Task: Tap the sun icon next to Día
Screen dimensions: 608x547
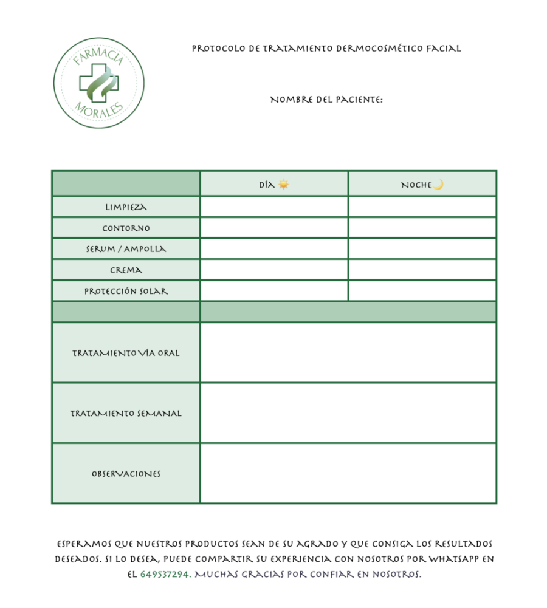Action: [x=283, y=184]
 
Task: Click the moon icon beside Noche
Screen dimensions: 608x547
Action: [x=438, y=184]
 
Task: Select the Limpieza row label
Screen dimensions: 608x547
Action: [x=126, y=207]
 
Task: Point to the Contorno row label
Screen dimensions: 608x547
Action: [x=126, y=228]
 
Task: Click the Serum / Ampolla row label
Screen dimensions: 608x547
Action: [x=126, y=249]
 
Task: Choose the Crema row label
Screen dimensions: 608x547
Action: [x=126, y=270]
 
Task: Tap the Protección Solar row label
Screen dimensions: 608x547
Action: [x=126, y=291]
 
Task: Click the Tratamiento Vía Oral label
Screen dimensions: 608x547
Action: [x=126, y=353]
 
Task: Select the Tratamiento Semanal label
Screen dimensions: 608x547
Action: [x=126, y=414]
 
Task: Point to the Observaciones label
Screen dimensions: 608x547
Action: [x=126, y=474]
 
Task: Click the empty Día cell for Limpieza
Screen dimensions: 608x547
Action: [x=274, y=207]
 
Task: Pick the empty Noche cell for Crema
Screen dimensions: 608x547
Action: [x=422, y=270]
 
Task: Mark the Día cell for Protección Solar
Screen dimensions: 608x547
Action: [x=274, y=291]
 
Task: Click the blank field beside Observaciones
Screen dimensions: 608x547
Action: [x=348, y=474]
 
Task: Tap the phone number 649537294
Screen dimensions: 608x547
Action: [x=165, y=574]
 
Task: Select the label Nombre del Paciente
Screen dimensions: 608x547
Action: [x=326, y=100]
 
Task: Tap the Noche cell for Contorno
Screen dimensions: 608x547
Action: [x=422, y=228]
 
